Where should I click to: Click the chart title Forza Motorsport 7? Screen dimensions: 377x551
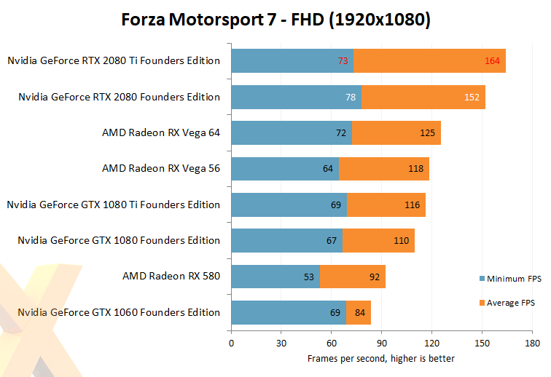pyautogui.click(x=275, y=20)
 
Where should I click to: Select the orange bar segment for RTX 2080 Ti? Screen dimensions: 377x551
pyautogui.click(x=429, y=61)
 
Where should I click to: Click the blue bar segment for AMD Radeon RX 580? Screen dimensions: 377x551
pyautogui.click(x=275, y=277)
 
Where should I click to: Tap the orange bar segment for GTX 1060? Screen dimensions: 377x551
pyautogui.click(x=359, y=312)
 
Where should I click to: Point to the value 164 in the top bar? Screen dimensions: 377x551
pyautogui.click(x=492, y=61)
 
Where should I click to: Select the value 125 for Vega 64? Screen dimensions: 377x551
pyautogui.click(x=427, y=132)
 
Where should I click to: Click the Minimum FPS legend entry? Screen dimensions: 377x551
pyautogui.click(x=510, y=278)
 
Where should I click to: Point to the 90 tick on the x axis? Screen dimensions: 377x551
pyautogui.click(x=381, y=342)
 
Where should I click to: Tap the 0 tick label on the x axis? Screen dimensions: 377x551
pyautogui.click(x=231, y=342)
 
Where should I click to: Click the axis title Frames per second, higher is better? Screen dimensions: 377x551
pyautogui.click(x=380, y=358)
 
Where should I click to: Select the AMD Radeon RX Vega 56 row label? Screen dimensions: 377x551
pyautogui.click(x=161, y=169)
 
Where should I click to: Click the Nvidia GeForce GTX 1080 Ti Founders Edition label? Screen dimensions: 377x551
pyautogui.click(x=113, y=205)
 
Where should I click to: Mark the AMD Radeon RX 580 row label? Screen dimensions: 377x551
pyautogui.click(x=171, y=277)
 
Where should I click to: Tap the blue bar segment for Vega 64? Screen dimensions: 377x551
pyautogui.click(x=292, y=132)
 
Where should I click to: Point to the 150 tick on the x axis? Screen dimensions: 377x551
pyautogui.click(x=481, y=342)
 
